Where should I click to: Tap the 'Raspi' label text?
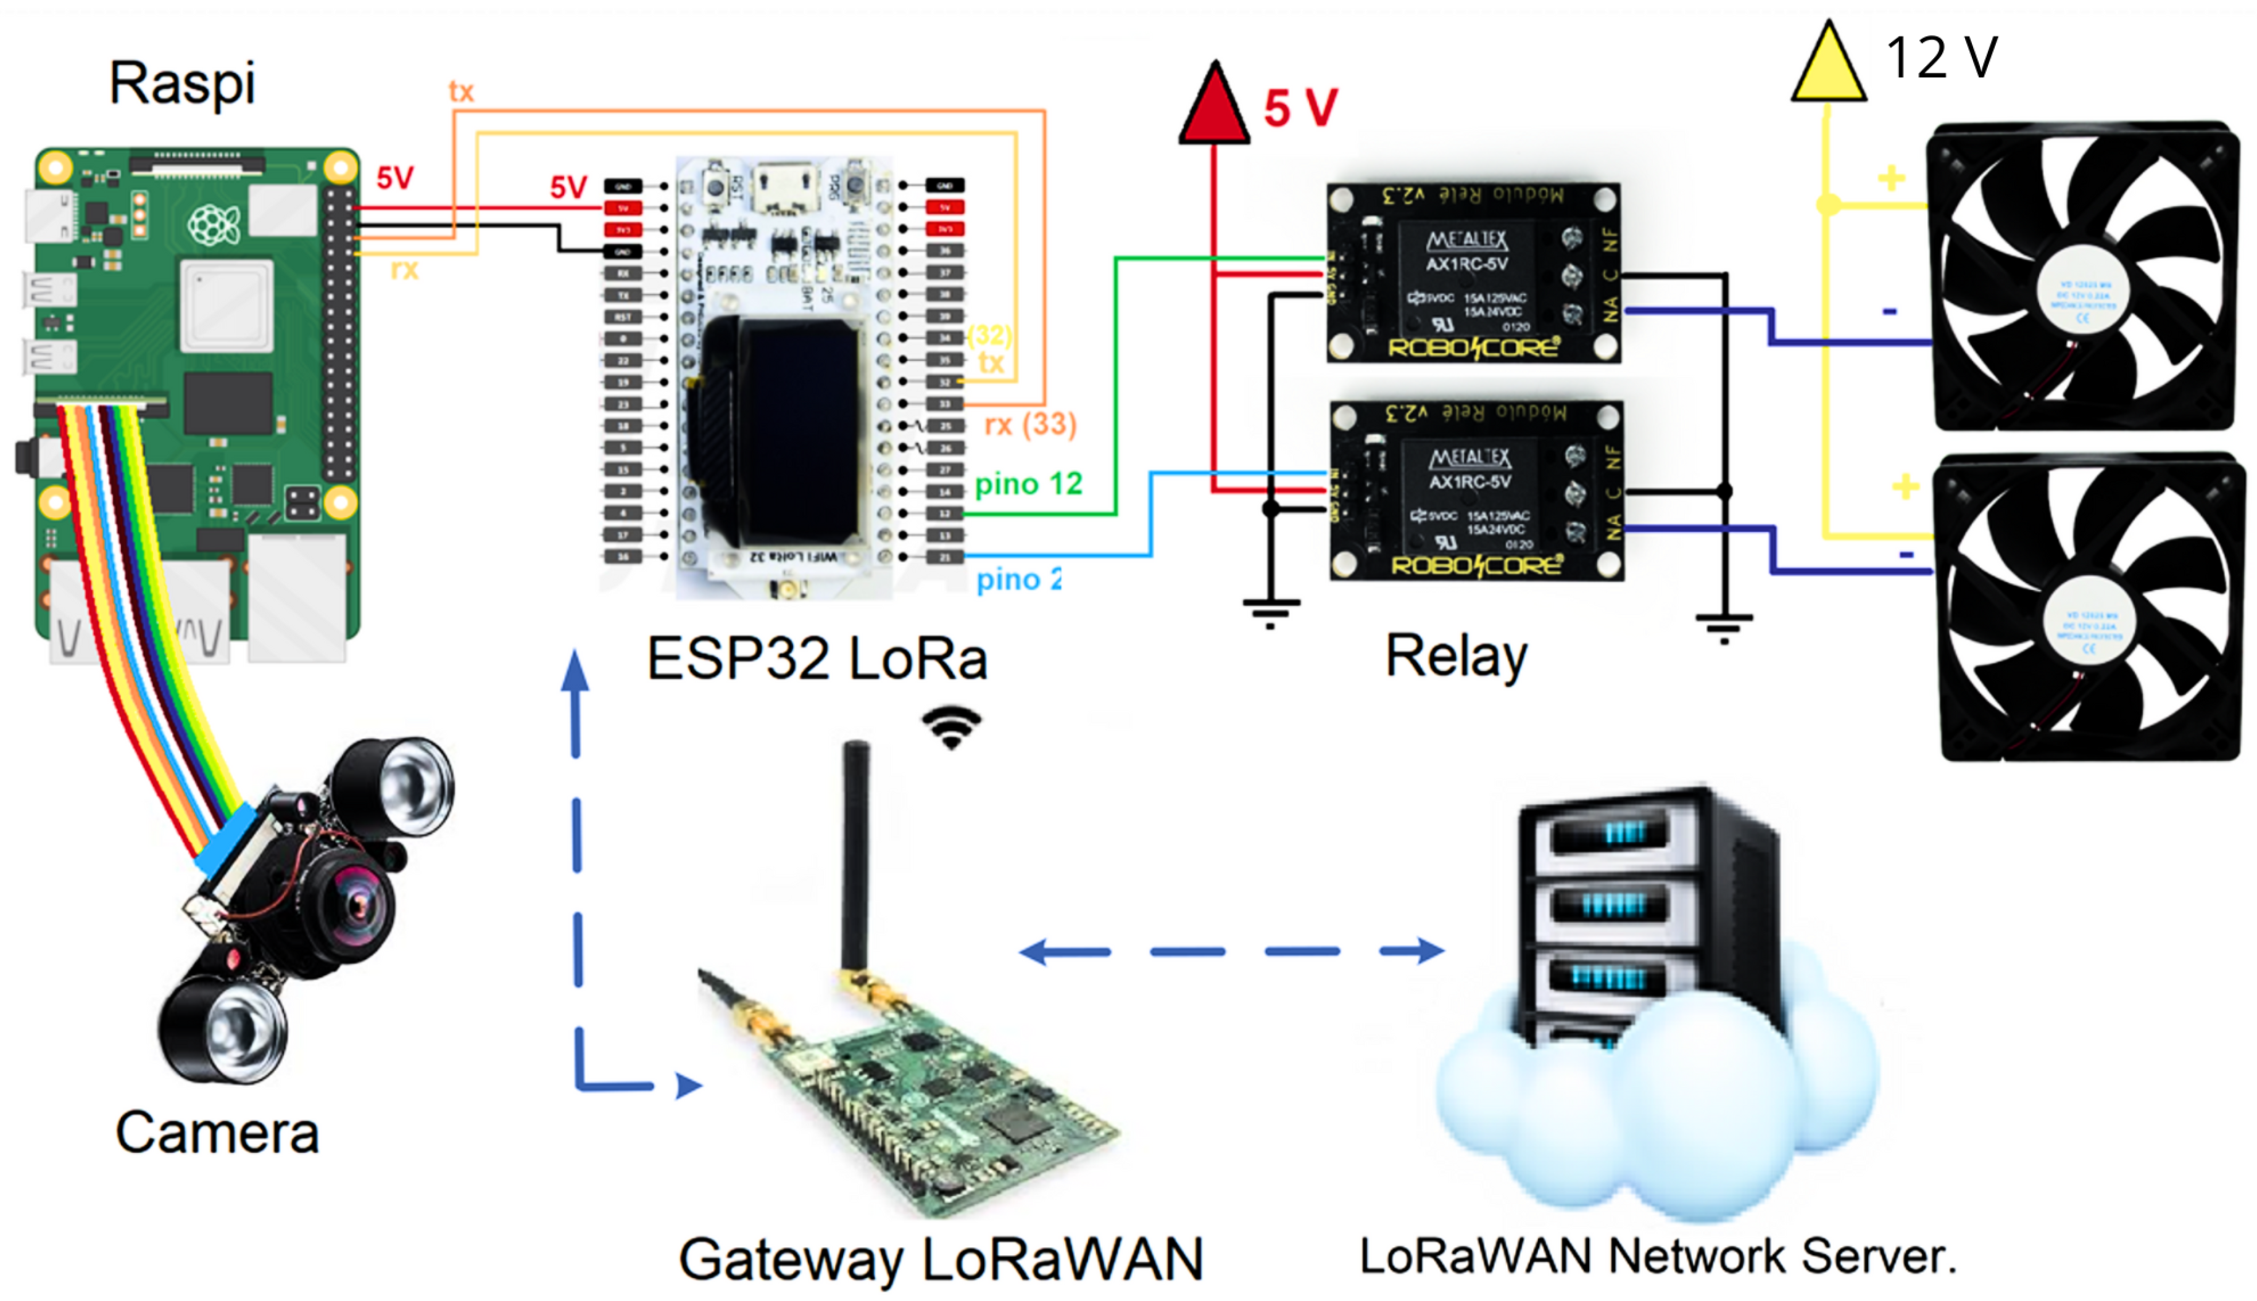(182, 83)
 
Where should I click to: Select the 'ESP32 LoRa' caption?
(816, 659)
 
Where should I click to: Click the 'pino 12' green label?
(1028, 484)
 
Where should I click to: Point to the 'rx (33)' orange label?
(1029, 425)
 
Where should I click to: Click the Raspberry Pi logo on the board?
(214, 224)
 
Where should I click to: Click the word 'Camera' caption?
(217, 1133)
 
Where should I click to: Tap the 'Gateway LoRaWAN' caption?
(940, 1260)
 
